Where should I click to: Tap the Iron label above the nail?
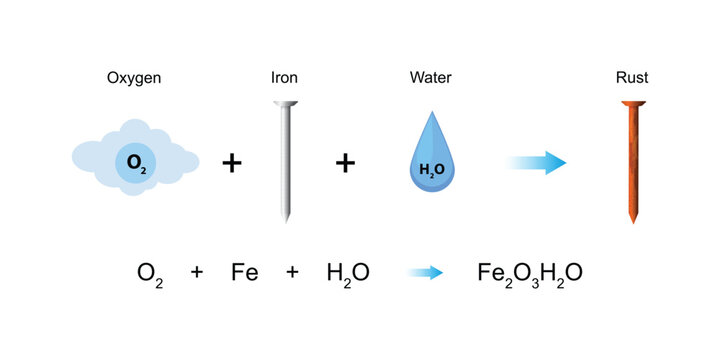(284, 77)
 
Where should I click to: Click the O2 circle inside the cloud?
(135, 162)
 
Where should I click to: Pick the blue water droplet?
(431, 160)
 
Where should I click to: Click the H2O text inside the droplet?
(431, 170)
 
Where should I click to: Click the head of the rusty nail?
(631, 105)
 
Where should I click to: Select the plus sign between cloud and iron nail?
(231, 163)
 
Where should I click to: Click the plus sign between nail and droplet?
(345, 163)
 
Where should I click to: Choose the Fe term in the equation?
(244, 271)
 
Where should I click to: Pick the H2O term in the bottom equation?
(347, 272)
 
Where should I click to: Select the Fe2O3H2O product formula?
(530, 272)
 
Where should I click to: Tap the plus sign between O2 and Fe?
(197, 271)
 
